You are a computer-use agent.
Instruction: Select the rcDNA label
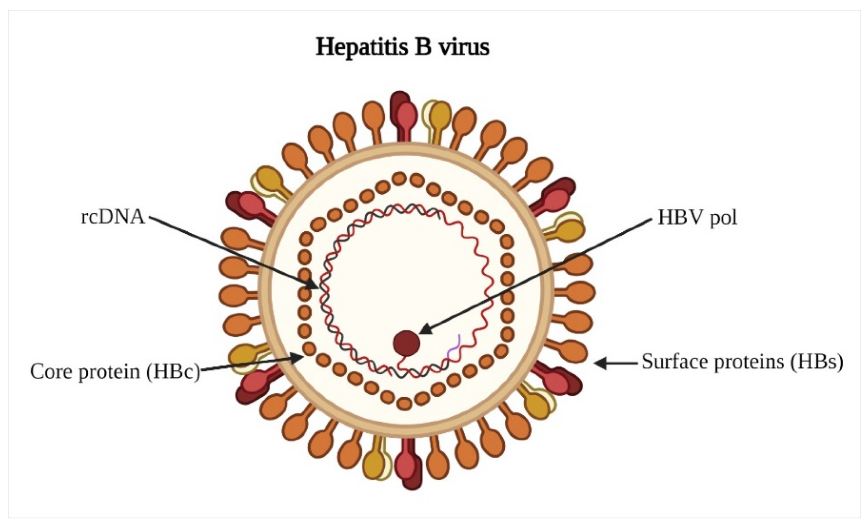point(113,217)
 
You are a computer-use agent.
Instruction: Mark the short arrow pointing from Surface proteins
point(616,363)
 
